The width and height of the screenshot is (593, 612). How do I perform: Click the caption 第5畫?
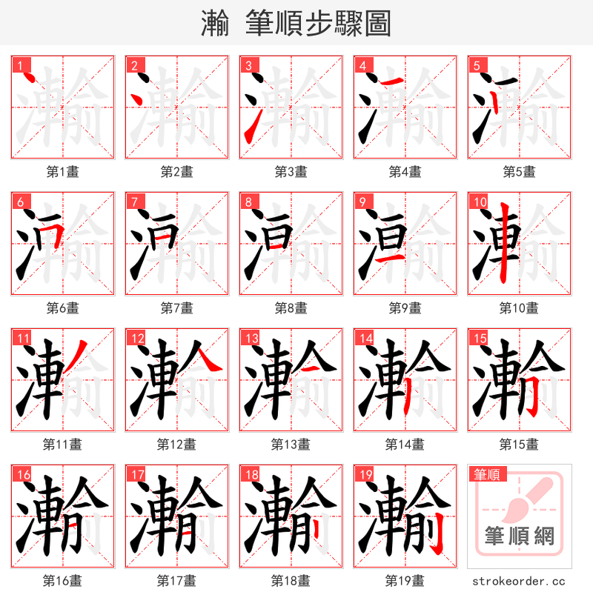[x=519, y=172]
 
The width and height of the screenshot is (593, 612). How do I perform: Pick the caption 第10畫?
[x=519, y=308]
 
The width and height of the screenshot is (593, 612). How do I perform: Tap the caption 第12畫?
[x=176, y=445]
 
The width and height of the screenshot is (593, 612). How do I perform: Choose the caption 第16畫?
[x=62, y=581]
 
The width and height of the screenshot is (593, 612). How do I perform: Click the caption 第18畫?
[x=291, y=581]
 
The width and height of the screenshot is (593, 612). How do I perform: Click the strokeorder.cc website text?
[x=519, y=582]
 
